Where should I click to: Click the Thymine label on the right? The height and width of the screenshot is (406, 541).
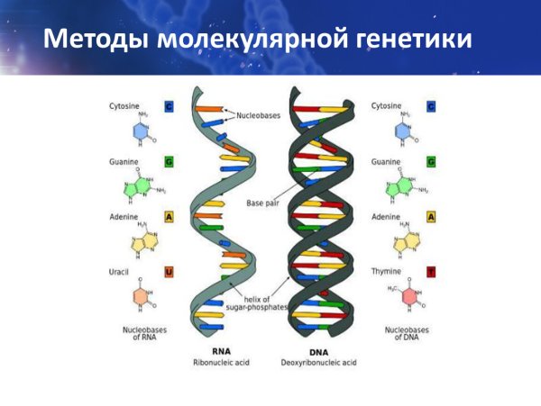pos(388,271)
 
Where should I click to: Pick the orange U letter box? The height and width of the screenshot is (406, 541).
pos(169,271)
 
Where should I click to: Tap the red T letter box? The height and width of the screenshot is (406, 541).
pos(431,271)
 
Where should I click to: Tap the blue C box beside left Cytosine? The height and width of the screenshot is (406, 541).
pos(169,106)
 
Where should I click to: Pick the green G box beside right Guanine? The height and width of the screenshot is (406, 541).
pos(431,162)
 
